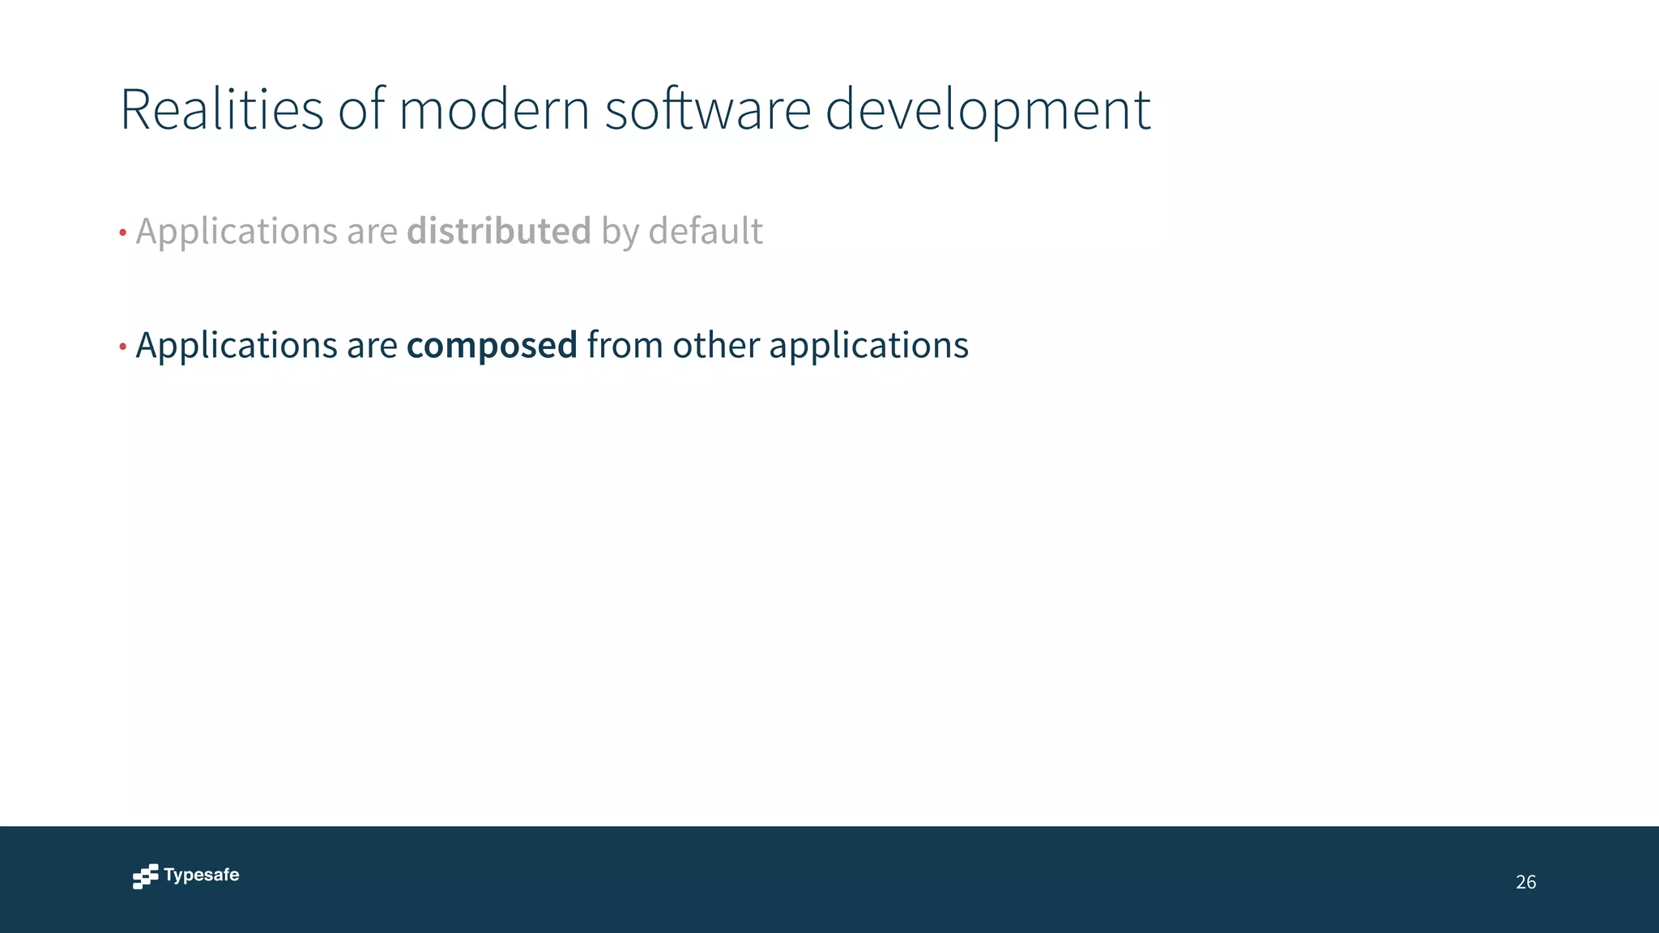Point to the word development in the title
987,111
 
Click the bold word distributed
499,231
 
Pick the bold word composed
492,346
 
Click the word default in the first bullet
706,231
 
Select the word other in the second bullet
716,345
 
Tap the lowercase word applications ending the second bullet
868,346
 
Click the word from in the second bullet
625,345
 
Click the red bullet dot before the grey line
122,233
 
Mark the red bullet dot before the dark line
122,347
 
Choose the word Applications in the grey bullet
237,232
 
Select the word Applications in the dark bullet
237,346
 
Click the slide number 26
1525,882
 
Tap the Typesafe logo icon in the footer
146,876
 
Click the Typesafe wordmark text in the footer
202,875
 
